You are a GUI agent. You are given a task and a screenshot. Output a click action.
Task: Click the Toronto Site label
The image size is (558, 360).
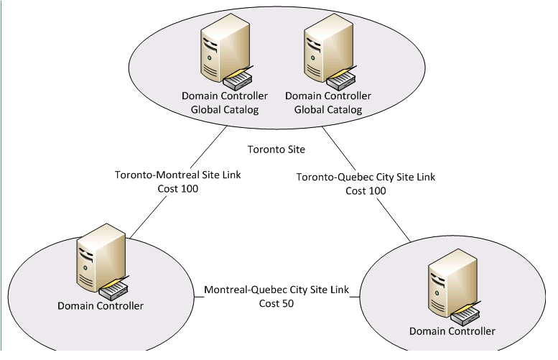tap(276, 149)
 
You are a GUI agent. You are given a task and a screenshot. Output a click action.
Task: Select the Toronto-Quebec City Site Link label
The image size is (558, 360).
tap(366, 177)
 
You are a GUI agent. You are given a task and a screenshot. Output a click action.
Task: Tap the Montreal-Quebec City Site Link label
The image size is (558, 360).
tap(276, 290)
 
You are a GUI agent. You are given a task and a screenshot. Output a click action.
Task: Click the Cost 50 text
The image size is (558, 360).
tap(276, 303)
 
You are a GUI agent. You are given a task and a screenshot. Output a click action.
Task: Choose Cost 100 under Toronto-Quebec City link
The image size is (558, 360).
tap(366, 190)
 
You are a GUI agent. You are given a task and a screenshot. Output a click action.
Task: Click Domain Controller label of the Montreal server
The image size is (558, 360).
tap(101, 306)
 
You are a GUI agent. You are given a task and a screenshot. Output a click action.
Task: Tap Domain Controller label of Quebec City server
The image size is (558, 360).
tap(452, 331)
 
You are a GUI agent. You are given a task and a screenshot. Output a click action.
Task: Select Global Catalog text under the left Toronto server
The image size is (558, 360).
tap(224, 109)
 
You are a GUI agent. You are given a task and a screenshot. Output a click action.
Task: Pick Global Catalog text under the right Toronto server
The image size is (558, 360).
tap(328, 109)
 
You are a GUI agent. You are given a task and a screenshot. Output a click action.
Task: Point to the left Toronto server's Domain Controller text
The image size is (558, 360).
tap(224, 96)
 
